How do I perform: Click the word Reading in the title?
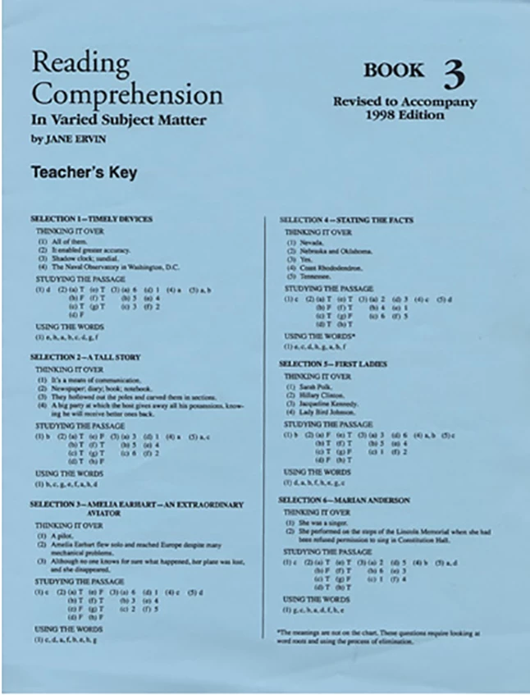coord(80,64)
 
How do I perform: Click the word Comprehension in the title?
coord(126,94)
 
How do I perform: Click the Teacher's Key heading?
coord(84,172)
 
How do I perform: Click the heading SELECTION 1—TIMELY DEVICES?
coord(91,219)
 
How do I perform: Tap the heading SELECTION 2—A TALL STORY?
coord(85,358)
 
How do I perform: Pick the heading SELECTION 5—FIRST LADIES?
coord(333,363)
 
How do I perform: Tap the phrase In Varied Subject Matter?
coord(118,120)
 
